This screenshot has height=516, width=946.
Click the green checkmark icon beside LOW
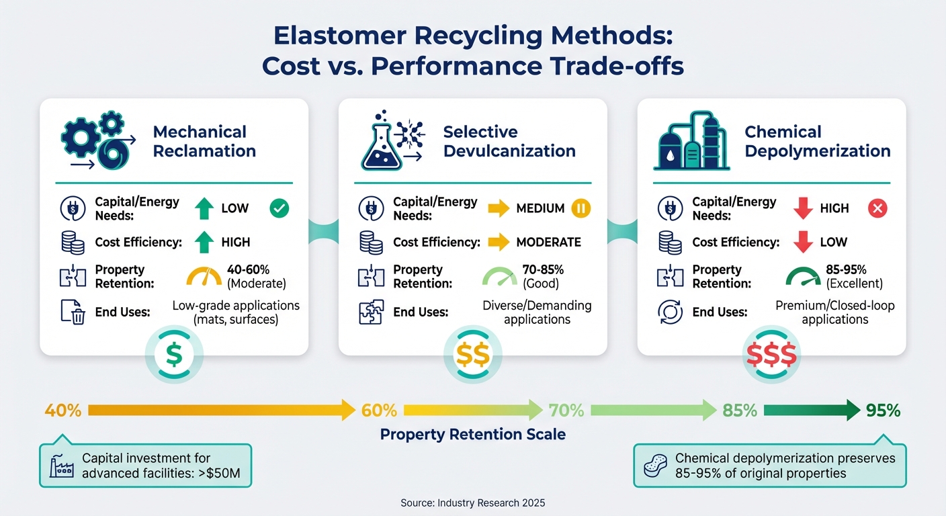click(x=279, y=208)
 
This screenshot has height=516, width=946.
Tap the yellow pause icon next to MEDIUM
click(x=580, y=208)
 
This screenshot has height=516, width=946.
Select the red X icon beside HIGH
click(x=877, y=208)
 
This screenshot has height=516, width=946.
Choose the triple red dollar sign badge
click(x=771, y=355)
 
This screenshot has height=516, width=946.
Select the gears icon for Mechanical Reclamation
click(x=95, y=140)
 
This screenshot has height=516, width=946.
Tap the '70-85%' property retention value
click(x=543, y=269)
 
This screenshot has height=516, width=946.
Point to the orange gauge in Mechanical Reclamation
click(x=204, y=277)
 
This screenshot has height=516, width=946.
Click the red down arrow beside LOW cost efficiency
click(x=803, y=242)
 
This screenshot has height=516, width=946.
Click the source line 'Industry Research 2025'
click(x=472, y=503)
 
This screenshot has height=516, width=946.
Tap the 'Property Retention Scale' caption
click(x=472, y=435)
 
